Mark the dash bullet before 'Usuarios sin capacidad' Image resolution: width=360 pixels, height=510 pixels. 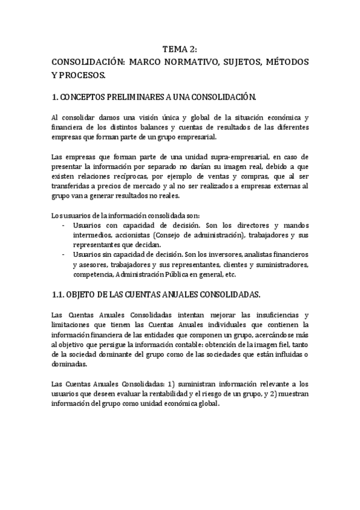coord(64,254)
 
